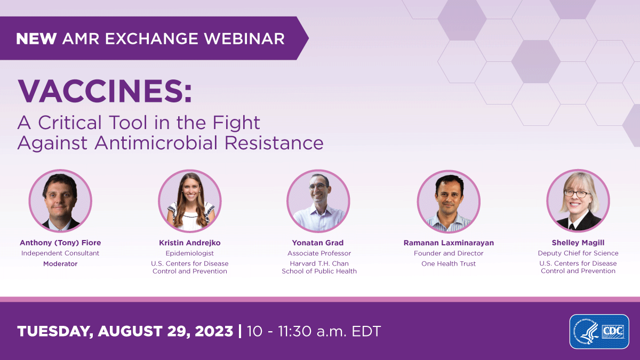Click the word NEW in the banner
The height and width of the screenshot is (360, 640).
[37, 38]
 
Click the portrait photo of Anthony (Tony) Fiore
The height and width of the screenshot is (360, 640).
[60, 201]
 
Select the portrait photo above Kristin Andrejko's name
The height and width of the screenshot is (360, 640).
[190, 201]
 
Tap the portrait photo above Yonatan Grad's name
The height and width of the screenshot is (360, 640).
[318, 201]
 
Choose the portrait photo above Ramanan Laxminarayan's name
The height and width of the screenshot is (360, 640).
[449, 201]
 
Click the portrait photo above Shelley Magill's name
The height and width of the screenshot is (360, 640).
[578, 201]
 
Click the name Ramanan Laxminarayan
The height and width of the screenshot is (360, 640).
[449, 243]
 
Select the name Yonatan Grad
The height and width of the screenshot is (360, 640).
[319, 243]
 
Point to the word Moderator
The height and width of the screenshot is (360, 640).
[60, 264]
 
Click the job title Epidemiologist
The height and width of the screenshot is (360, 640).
[190, 253]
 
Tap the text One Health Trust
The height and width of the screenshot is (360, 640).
[449, 264]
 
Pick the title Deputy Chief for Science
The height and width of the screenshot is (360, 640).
[578, 253]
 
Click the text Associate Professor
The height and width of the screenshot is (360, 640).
[319, 253]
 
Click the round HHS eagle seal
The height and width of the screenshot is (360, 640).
[585, 331]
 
